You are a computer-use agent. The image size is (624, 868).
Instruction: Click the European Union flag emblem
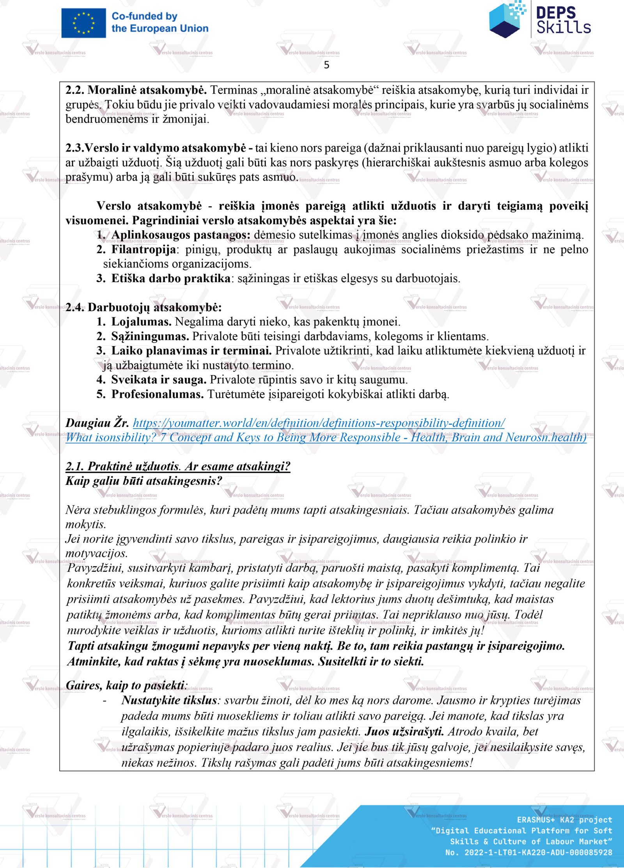pos(83,23)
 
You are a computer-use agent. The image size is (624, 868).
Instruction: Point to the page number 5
pos(326,65)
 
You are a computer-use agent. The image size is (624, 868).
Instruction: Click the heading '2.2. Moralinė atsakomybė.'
pos(136,90)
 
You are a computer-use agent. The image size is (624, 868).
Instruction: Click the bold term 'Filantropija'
pos(143,249)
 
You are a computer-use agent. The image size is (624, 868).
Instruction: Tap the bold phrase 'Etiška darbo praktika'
pos(170,279)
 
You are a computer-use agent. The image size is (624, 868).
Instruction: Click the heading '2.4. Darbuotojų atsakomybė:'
pos(143,308)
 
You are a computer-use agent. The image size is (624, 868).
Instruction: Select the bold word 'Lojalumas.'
pos(141,322)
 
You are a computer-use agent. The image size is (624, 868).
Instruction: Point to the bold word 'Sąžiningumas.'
pos(150,336)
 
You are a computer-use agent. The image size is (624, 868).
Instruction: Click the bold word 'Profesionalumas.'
pos(157,394)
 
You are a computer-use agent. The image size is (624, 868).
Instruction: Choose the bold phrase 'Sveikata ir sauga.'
pos(159,380)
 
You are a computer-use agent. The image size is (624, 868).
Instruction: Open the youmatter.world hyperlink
pos(319,423)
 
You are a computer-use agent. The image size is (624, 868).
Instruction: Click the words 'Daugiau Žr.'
pos(97,423)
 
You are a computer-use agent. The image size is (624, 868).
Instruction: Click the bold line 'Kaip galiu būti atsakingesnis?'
pos(144,481)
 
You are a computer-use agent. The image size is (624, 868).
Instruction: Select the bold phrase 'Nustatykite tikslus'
pos(169,700)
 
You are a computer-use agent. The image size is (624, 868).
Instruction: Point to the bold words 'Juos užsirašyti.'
pos(404,731)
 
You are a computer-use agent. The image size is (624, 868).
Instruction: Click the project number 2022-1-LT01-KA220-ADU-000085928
pos(538,852)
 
